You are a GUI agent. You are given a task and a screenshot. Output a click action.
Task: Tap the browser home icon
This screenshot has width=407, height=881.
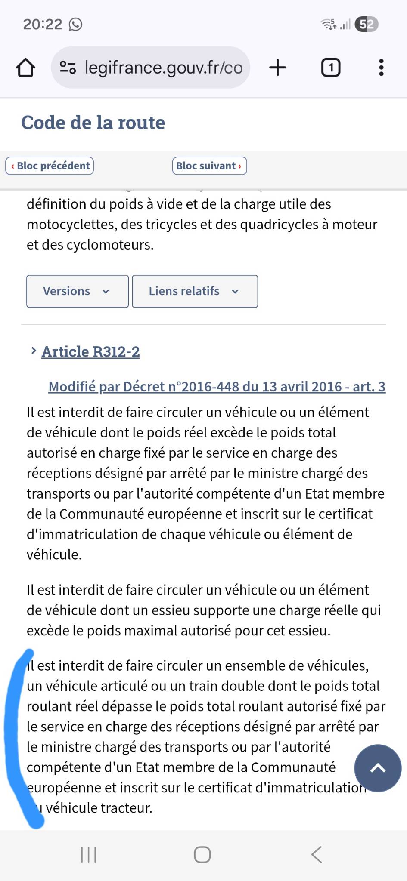[25, 68]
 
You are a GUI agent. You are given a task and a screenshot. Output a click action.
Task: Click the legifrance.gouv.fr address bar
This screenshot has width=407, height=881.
[151, 68]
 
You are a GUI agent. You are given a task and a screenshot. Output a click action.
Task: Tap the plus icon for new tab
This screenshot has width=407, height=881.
[278, 68]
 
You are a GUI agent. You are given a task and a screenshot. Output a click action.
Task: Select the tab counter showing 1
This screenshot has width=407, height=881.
[331, 68]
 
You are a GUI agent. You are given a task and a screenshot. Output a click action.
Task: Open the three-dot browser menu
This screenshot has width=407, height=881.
[381, 68]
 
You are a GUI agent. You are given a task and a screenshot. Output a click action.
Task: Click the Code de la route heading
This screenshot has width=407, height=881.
[93, 123]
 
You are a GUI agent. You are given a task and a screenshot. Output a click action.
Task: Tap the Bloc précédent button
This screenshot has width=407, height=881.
[50, 166]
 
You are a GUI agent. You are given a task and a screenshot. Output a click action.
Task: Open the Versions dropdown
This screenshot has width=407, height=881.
[78, 291]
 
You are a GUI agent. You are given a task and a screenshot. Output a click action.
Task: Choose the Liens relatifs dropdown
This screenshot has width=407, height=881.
[195, 291]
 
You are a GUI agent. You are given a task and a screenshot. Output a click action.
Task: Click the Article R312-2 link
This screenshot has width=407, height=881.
[90, 352]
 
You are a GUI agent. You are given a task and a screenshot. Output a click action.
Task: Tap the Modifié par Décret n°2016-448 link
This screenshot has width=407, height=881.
[217, 387]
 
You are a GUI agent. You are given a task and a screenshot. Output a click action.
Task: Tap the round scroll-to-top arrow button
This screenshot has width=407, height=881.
[378, 768]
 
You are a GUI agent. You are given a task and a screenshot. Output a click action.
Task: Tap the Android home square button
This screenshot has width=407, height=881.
[202, 855]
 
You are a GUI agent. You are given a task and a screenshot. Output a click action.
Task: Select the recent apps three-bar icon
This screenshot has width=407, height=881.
[89, 855]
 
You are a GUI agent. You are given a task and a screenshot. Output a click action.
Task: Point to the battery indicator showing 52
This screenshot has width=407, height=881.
[367, 24]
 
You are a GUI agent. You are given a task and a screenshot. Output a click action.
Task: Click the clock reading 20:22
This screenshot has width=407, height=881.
[43, 24]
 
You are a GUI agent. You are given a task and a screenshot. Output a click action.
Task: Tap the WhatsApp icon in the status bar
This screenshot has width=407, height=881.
[75, 25]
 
